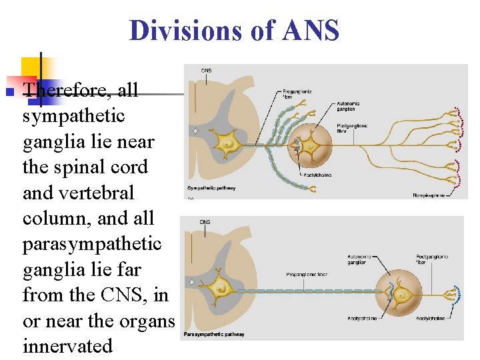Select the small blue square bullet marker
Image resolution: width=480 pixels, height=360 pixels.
(x=9, y=91)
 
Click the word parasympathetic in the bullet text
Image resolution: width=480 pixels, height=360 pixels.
(x=92, y=244)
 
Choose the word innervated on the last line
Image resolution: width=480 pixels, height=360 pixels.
(x=67, y=346)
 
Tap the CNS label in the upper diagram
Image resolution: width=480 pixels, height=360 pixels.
(x=207, y=70)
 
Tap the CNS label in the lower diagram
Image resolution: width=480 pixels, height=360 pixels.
(x=205, y=222)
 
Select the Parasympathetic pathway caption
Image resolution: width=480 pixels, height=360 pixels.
(x=214, y=334)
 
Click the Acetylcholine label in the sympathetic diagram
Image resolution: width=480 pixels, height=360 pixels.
(x=317, y=175)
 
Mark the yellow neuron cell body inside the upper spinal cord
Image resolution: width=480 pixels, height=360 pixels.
(x=229, y=144)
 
